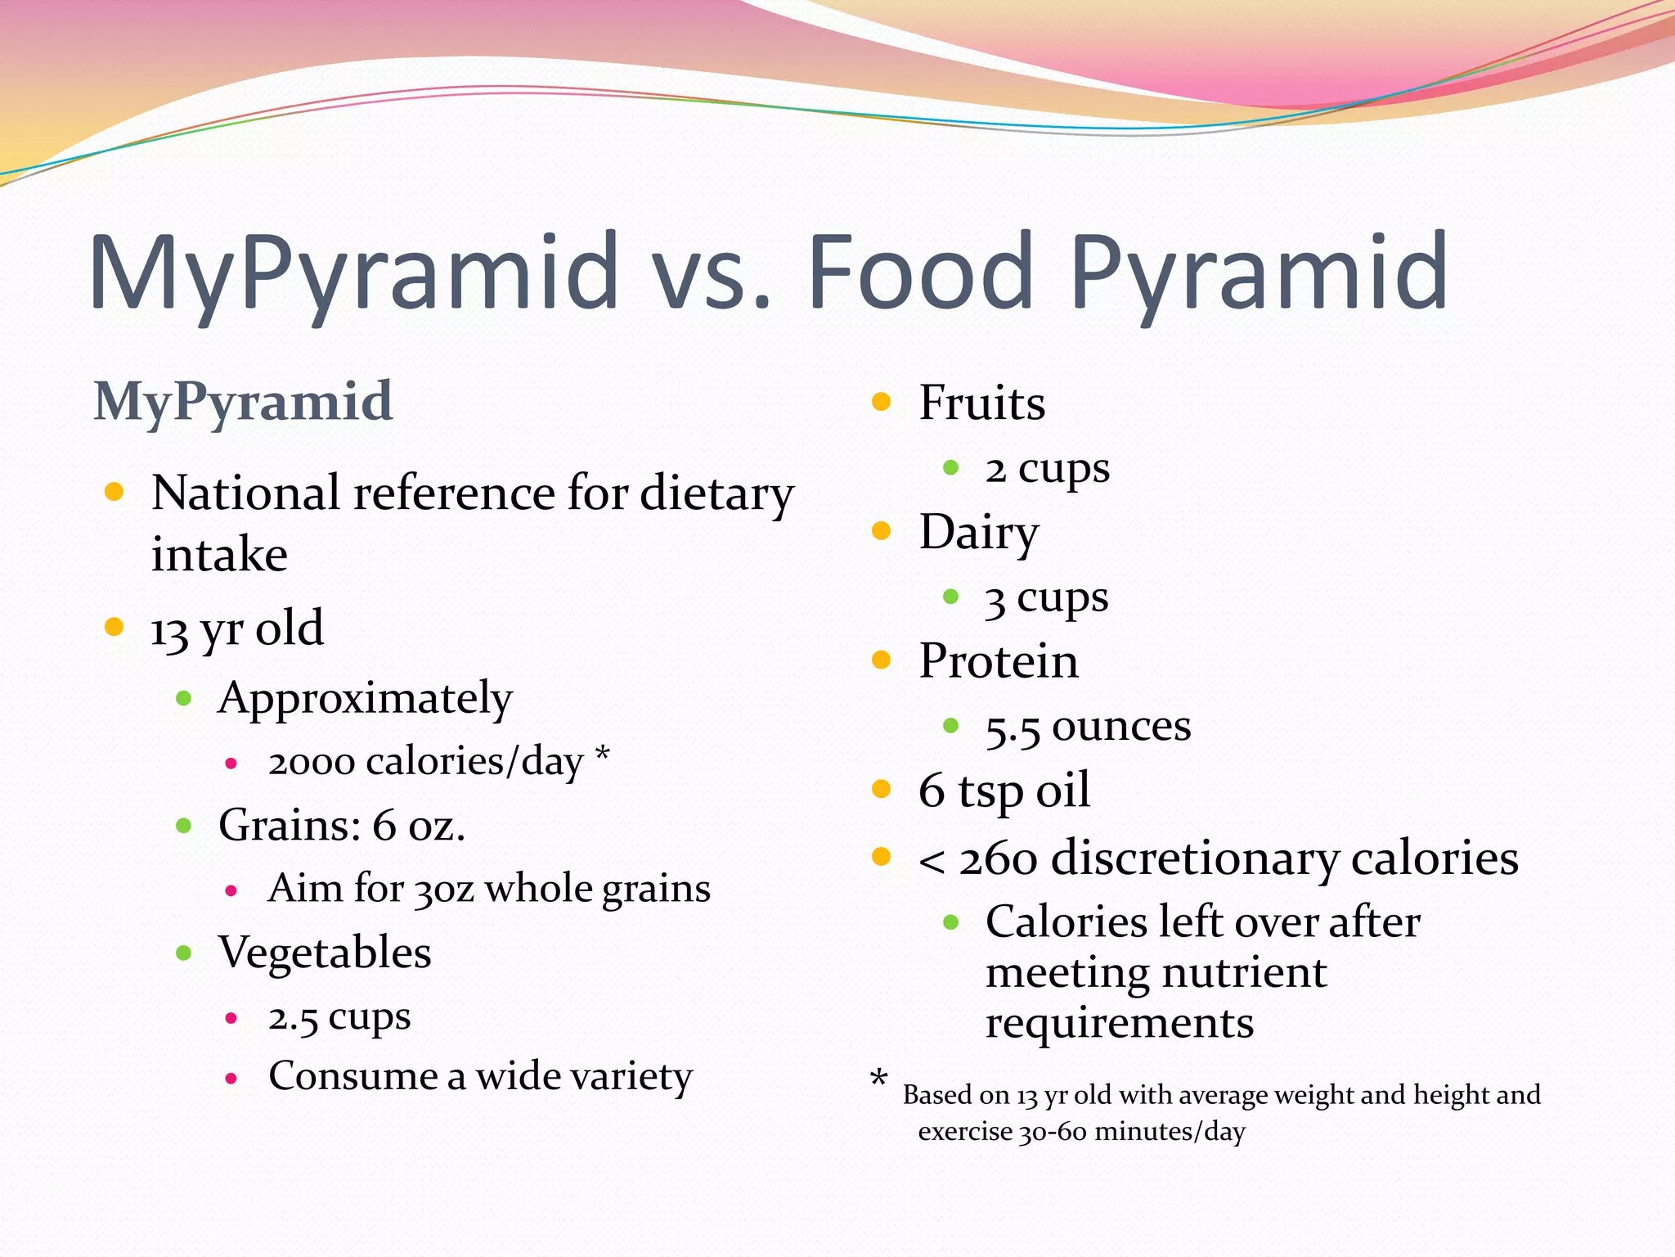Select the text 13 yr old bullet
[x=237, y=628]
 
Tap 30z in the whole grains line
[x=444, y=890]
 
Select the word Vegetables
[x=325, y=953]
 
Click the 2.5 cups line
[x=339, y=1017]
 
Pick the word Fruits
[x=981, y=403]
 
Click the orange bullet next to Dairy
[x=881, y=531]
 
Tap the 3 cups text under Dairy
[x=1046, y=598]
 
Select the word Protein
[x=999, y=660]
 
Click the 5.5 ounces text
[x=1088, y=727]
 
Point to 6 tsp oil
[x=1004, y=791]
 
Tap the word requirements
[x=1119, y=1023]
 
